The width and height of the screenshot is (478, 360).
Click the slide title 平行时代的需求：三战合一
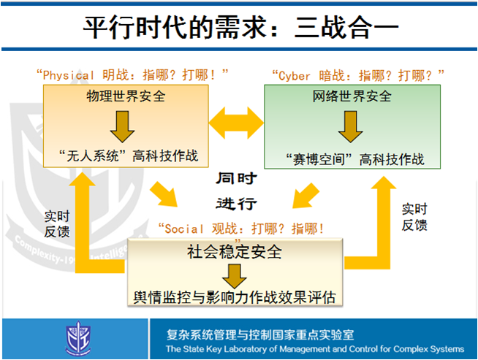point(240,30)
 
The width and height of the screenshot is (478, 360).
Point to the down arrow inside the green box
point(352,126)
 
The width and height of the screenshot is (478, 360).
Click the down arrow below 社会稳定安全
point(235,276)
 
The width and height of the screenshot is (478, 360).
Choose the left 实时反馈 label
point(57,224)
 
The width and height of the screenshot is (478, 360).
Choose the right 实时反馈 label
point(414,217)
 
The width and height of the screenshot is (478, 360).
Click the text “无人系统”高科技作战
point(128,155)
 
